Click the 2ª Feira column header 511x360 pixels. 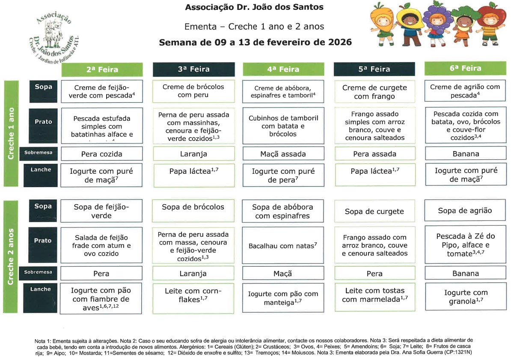[x=102, y=69]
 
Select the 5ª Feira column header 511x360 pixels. [x=374, y=69]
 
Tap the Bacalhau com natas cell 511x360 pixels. [x=282, y=246]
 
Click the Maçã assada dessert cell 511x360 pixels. [x=282, y=154]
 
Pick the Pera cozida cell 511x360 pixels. [x=101, y=154]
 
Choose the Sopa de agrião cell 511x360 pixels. [x=465, y=210]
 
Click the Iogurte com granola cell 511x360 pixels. [x=465, y=297]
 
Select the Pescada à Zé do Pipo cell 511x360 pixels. [x=465, y=245]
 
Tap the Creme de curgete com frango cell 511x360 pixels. [x=374, y=92]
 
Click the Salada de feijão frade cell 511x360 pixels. [x=101, y=245]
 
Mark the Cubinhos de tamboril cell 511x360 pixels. [x=282, y=126]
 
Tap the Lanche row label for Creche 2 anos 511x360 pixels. [x=41, y=289]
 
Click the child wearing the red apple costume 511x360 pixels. [x=489, y=24]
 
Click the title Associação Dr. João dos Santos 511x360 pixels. [x=254, y=7]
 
